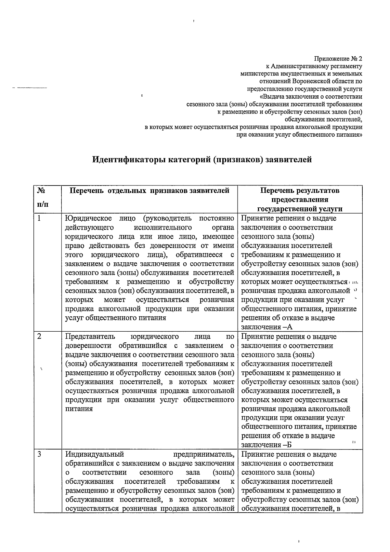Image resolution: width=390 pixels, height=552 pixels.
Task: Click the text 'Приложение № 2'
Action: (338, 59)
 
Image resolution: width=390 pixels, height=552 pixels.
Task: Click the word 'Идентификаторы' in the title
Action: (126, 160)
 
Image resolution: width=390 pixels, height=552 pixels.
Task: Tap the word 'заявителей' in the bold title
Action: (289, 160)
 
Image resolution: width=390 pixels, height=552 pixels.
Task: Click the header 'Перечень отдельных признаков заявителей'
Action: (149, 191)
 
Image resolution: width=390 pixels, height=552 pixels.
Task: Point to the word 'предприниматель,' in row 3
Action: (204, 454)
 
